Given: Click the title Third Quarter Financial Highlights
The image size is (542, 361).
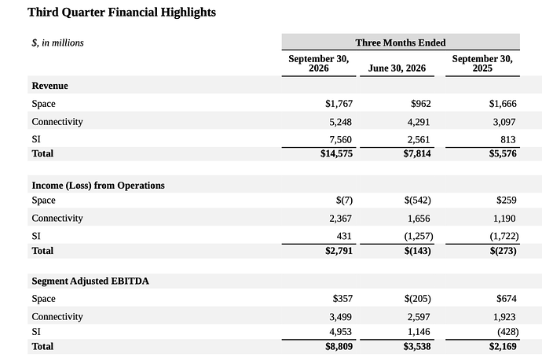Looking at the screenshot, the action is coord(122,13).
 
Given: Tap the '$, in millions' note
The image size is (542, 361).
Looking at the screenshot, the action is coord(57,43).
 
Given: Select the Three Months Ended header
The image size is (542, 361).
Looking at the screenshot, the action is coord(401,42).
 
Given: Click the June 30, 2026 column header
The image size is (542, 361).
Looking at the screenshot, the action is coord(397,68).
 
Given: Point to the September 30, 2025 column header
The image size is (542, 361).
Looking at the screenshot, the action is coord(482,64).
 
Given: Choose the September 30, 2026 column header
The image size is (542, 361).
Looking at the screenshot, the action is coord(319,64).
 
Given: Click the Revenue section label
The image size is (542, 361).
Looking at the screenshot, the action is coord(49,86).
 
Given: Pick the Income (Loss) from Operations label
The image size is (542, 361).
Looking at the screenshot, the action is coord(98,186).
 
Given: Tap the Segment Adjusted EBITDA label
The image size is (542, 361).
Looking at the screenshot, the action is coord(90,281).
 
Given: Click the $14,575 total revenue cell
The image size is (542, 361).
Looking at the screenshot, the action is coord(336,153).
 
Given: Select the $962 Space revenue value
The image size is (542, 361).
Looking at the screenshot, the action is coord(421,104).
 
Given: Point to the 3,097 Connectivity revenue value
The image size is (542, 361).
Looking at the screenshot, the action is coord(504,122).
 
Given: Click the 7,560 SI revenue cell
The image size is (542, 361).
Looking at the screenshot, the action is coord(340,139).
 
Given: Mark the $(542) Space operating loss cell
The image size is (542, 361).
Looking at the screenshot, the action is coord(418,201).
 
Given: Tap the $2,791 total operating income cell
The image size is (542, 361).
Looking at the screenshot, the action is coord(339,251).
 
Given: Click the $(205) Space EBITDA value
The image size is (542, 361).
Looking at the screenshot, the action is coord(418,299).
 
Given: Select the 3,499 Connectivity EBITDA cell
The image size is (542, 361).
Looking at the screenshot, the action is coord(340,317).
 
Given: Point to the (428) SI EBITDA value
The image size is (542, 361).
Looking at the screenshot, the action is coord(508,332).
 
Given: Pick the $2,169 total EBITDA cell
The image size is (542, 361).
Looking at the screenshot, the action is coord(503,347).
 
